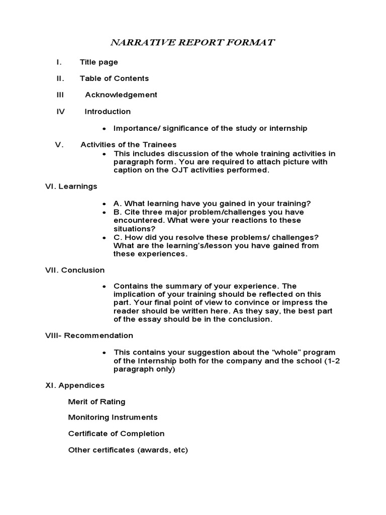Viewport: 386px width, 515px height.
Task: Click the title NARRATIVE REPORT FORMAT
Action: [x=192, y=42]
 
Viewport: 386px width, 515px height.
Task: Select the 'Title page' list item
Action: [x=99, y=62]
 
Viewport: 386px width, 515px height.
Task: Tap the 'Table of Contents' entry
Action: [x=114, y=78]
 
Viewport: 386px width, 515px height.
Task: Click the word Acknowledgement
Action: [x=121, y=95]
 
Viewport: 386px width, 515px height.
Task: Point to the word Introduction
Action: [x=108, y=111]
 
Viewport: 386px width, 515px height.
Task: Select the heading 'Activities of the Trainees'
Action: [x=125, y=145]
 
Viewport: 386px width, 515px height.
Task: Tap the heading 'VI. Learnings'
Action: [x=71, y=186]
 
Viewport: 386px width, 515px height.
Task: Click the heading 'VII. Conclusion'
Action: [x=75, y=270]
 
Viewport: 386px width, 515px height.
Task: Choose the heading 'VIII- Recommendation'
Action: [x=89, y=335]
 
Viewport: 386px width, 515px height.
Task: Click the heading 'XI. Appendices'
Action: [x=75, y=385]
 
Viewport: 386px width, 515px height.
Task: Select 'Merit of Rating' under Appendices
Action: [x=96, y=401]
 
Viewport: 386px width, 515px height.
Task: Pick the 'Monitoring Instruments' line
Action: [x=113, y=417]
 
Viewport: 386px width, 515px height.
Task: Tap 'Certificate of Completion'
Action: [x=116, y=434]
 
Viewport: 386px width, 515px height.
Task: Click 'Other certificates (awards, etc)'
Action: [x=128, y=450]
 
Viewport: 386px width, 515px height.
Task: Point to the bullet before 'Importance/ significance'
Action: [x=104, y=129]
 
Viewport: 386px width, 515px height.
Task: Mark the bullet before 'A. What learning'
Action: [x=104, y=204]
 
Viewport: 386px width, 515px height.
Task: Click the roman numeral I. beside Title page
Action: [x=59, y=62]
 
